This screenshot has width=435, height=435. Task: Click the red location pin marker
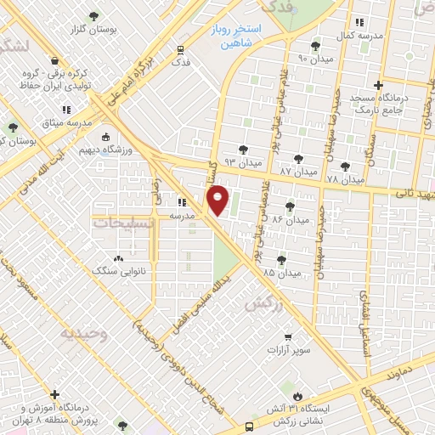coord(218,201)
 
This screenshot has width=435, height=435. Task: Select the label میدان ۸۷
coord(297,171)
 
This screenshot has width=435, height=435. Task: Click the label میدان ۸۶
coord(291,219)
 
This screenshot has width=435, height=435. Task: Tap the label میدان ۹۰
coord(314,59)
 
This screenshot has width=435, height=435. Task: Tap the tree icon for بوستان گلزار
coord(93,16)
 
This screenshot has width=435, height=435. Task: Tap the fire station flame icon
coord(298,396)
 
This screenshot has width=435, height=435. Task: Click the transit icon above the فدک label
coord(180,49)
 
